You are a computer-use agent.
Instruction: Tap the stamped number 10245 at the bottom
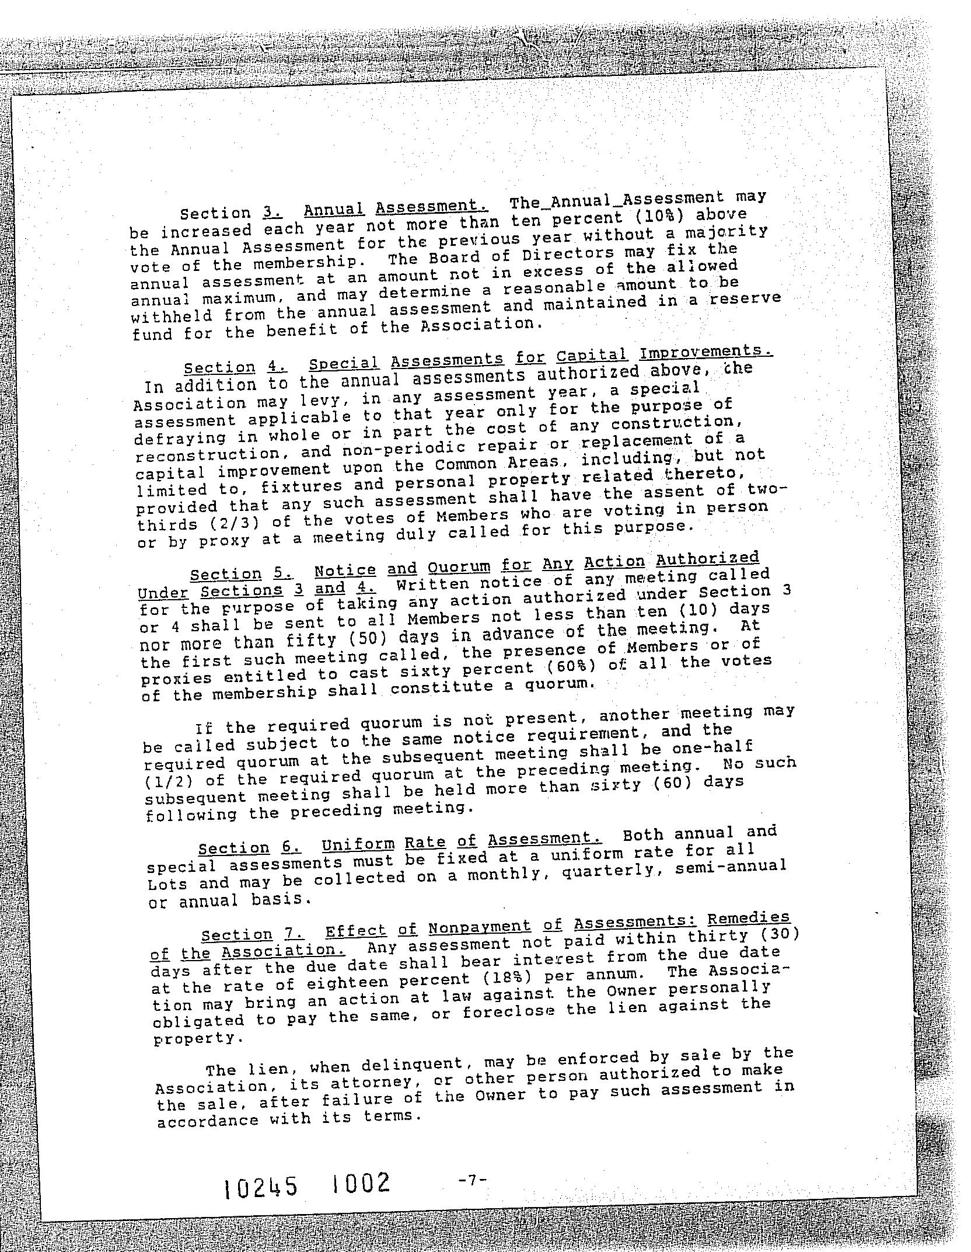pos(261,1187)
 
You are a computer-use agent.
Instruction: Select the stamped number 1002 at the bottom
pos(359,1184)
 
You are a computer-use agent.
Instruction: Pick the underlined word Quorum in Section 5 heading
pos(459,567)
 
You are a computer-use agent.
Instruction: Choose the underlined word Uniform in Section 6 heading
pos(358,845)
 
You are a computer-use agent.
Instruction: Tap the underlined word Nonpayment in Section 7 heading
pos(479,927)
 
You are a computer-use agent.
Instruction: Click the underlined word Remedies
pos(748,917)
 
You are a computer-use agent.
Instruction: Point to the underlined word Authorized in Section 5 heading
pos(707,559)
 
